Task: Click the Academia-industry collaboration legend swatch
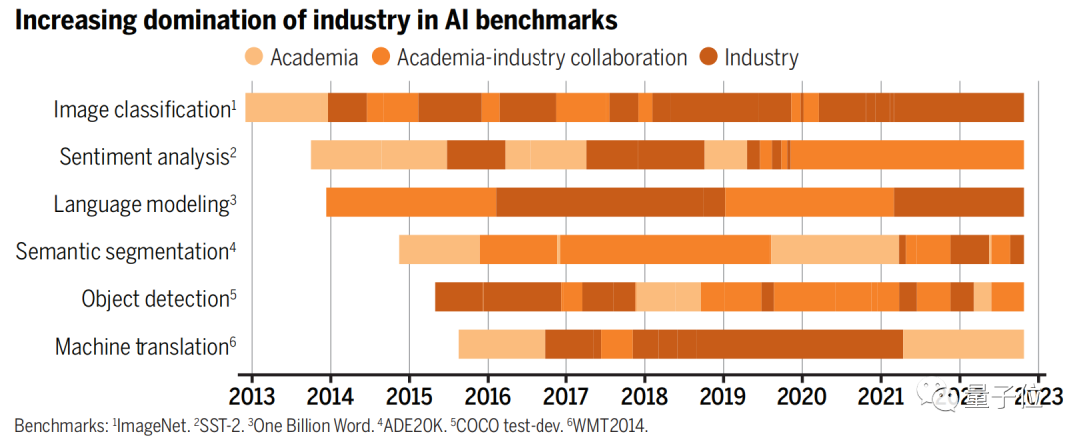coord(380,57)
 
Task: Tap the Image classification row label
coord(141,109)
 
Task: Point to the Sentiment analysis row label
coord(144,156)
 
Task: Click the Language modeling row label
coord(141,204)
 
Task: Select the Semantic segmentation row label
coord(122,252)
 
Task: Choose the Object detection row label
coord(155,299)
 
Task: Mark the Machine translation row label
coord(141,347)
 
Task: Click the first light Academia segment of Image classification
coord(286,107)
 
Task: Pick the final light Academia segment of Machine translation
coord(963,344)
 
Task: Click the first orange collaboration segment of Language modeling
coord(411,202)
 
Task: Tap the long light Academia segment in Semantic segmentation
coord(834,249)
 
